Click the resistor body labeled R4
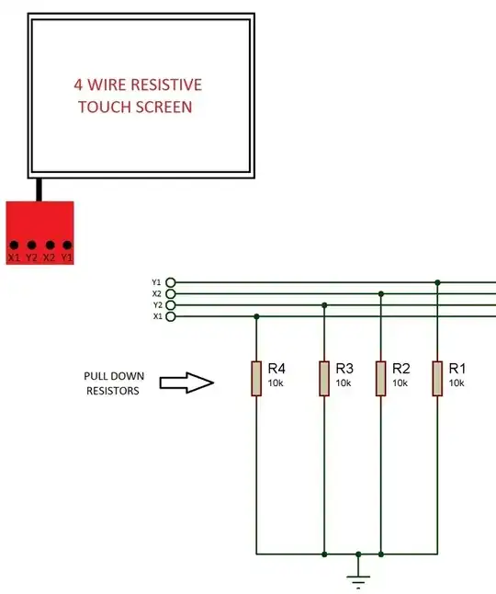pyautogui.click(x=256, y=378)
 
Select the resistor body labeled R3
pyautogui.click(x=324, y=378)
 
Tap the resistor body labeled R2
pyautogui.click(x=381, y=378)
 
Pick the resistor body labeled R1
pyautogui.click(x=438, y=378)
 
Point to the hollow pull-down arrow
pyautogui.click(x=186, y=383)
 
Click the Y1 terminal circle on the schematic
pyautogui.click(x=170, y=282)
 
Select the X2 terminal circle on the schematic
pyautogui.click(x=170, y=294)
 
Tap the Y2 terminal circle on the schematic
pyautogui.click(x=170, y=305)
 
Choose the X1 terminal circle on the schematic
pyautogui.click(x=170, y=316)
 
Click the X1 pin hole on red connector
pyautogui.click(x=15, y=246)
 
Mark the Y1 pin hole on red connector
pyautogui.click(x=66, y=246)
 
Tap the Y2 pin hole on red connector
pyautogui.click(x=31, y=246)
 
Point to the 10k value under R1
pyautogui.click(x=457, y=383)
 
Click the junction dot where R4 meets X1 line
pyautogui.click(x=256, y=316)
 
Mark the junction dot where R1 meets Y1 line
pyautogui.click(x=438, y=282)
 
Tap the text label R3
pyautogui.click(x=345, y=368)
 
